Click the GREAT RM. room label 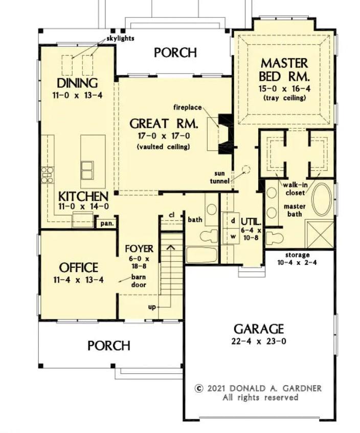coord(164,123)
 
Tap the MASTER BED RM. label coord(284,70)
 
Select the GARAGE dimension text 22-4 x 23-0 coord(259,341)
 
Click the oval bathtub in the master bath coord(322,199)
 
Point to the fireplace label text coord(188,107)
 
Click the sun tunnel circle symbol coord(246,169)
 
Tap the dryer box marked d coord(233,221)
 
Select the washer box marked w coord(233,236)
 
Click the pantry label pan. coord(107,223)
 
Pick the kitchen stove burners coord(47,175)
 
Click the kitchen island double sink coord(87,170)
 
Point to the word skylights coord(120,38)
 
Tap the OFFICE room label coord(78,267)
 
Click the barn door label coord(139,281)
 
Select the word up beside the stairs coord(152,307)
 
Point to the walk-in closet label coord(295,189)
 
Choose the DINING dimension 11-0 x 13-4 coord(77,96)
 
